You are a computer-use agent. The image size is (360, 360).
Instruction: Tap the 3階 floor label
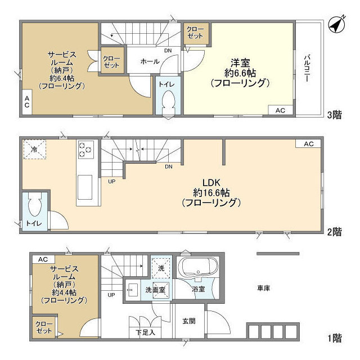(334, 116)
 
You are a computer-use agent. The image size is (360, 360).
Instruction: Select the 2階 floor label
(334, 232)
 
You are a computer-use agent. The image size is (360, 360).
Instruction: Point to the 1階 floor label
(334, 338)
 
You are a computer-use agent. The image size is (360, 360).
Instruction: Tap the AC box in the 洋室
(280, 110)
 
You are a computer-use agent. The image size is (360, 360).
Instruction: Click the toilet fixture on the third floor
(168, 102)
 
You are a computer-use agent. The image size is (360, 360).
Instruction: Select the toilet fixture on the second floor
(34, 206)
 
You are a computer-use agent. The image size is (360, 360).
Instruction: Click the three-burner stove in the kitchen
(86, 150)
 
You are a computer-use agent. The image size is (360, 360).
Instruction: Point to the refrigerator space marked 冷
(34, 150)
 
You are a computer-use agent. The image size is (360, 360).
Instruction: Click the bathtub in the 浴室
(197, 267)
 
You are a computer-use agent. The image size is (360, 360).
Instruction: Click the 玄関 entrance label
(188, 321)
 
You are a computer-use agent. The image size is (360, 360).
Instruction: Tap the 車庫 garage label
(264, 289)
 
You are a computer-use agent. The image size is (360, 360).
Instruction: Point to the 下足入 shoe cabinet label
(146, 333)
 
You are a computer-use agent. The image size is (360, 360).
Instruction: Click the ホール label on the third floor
(149, 61)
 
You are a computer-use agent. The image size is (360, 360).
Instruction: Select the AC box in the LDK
(308, 144)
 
